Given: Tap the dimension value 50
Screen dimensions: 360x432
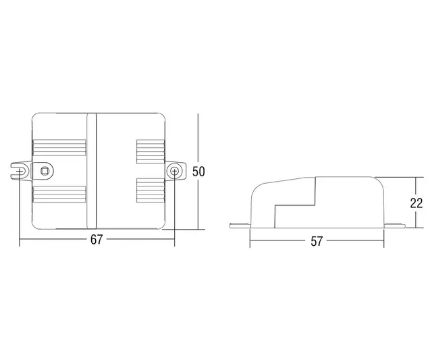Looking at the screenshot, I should tap(198, 172).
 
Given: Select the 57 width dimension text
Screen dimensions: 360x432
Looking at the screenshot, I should tap(316, 241).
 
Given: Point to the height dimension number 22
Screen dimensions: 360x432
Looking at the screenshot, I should tap(416, 203).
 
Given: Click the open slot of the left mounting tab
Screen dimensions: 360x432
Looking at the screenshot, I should tap(20, 170).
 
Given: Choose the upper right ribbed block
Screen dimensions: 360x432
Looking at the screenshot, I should tap(151, 151).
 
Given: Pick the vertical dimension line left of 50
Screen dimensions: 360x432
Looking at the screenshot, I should tap(197, 142).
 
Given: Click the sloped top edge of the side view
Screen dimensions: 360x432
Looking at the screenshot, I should tap(283, 181).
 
